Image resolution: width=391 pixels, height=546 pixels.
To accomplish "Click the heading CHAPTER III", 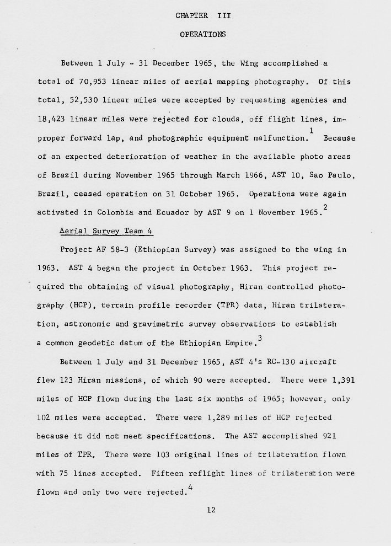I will coord(203,16).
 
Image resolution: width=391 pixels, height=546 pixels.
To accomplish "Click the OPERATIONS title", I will coord(203,34).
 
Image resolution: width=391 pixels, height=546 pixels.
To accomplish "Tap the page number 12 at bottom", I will coord(210,510).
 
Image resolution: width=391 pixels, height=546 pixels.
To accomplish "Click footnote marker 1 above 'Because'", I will coord(312,130).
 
